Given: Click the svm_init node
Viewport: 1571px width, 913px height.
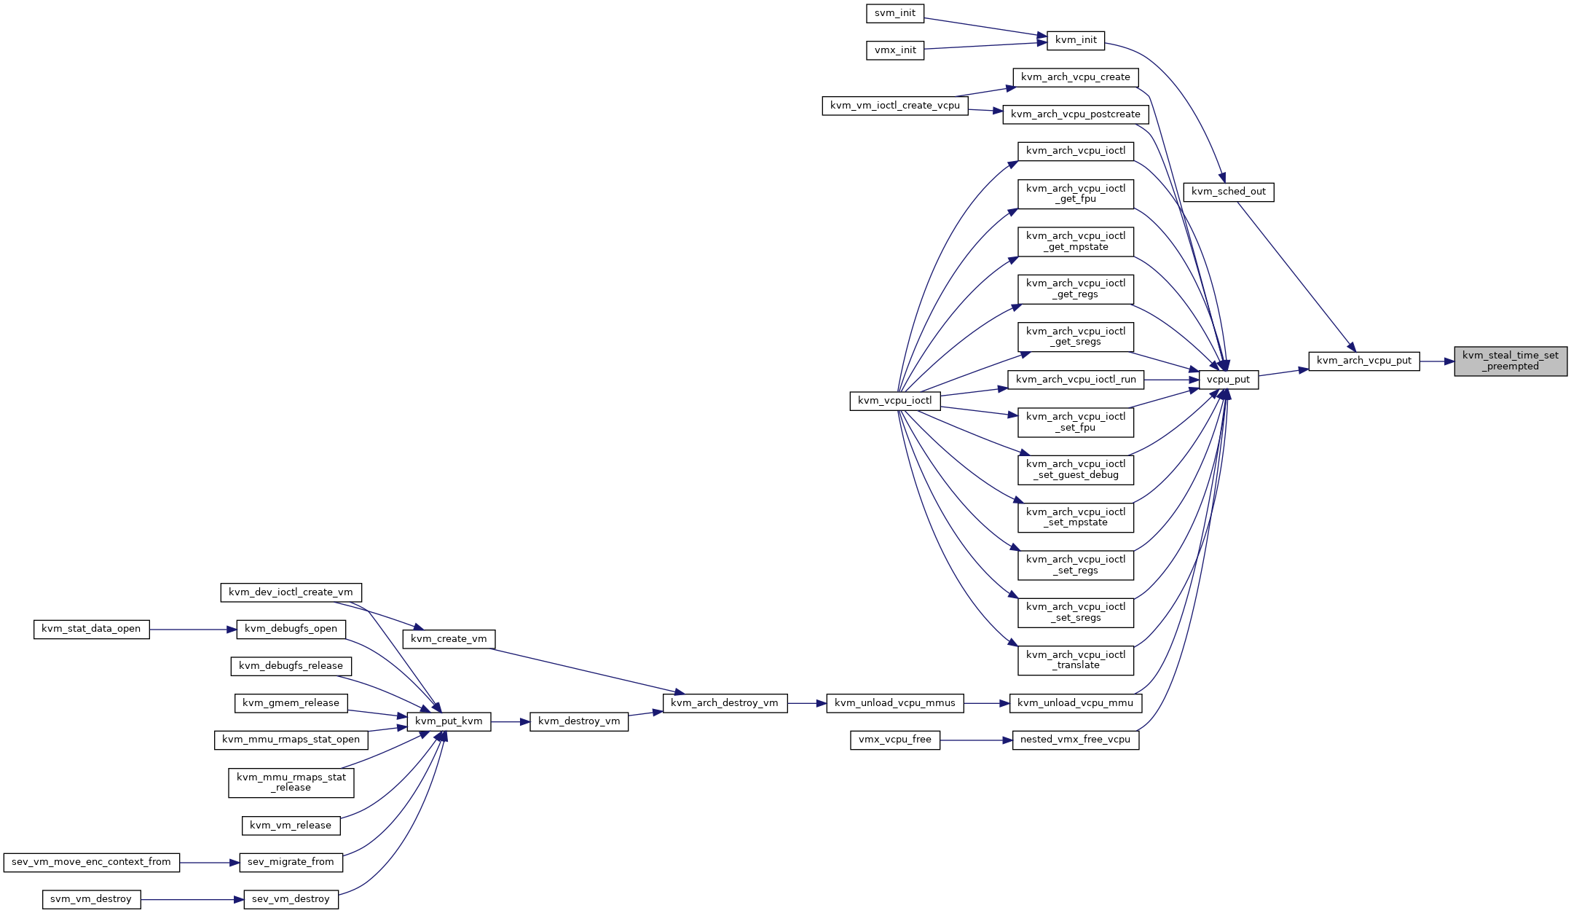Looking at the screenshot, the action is [x=895, y=13].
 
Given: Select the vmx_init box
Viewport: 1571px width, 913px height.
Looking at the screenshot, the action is [x=895, y=50].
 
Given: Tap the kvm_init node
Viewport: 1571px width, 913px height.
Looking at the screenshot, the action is [x=1076, y=40].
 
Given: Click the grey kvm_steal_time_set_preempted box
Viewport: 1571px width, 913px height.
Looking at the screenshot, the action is [x=1511, y=361].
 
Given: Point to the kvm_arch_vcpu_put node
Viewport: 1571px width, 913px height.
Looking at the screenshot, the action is [x=1364, y=361].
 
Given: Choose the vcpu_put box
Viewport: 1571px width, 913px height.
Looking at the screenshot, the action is [x=1228, y=380].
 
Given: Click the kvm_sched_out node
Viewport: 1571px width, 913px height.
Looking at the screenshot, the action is [x=1229, y=192].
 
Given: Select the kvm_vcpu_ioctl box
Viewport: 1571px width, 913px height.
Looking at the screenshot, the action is [x=894, y=401].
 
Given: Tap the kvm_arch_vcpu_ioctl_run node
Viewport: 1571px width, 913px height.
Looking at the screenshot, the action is [x=1076, y=380].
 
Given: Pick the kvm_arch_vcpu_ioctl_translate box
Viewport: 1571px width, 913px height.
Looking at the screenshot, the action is [x=1076, y=660].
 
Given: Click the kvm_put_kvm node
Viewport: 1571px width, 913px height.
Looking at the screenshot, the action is [x=449, y=721].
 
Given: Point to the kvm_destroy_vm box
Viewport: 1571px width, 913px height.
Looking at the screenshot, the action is [x=579, y=721].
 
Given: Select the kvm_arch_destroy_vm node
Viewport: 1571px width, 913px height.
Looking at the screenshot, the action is [x=725, y=703].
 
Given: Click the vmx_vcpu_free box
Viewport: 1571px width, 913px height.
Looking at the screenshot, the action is [x=894, y=740].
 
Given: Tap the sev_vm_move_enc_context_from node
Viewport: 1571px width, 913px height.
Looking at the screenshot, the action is [x=91, y=862].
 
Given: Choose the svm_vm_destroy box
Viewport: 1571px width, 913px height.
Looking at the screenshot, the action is [x=91, y=899].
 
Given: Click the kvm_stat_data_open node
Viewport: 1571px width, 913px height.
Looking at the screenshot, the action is [x=91, y=629].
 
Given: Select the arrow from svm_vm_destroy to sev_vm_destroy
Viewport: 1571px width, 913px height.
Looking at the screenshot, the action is [x=192, y=899].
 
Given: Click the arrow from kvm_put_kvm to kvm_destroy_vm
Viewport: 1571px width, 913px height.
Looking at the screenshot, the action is [x=511, y=721].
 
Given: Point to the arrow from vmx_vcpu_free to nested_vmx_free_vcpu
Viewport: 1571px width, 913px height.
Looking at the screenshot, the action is [x=976, y=740].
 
